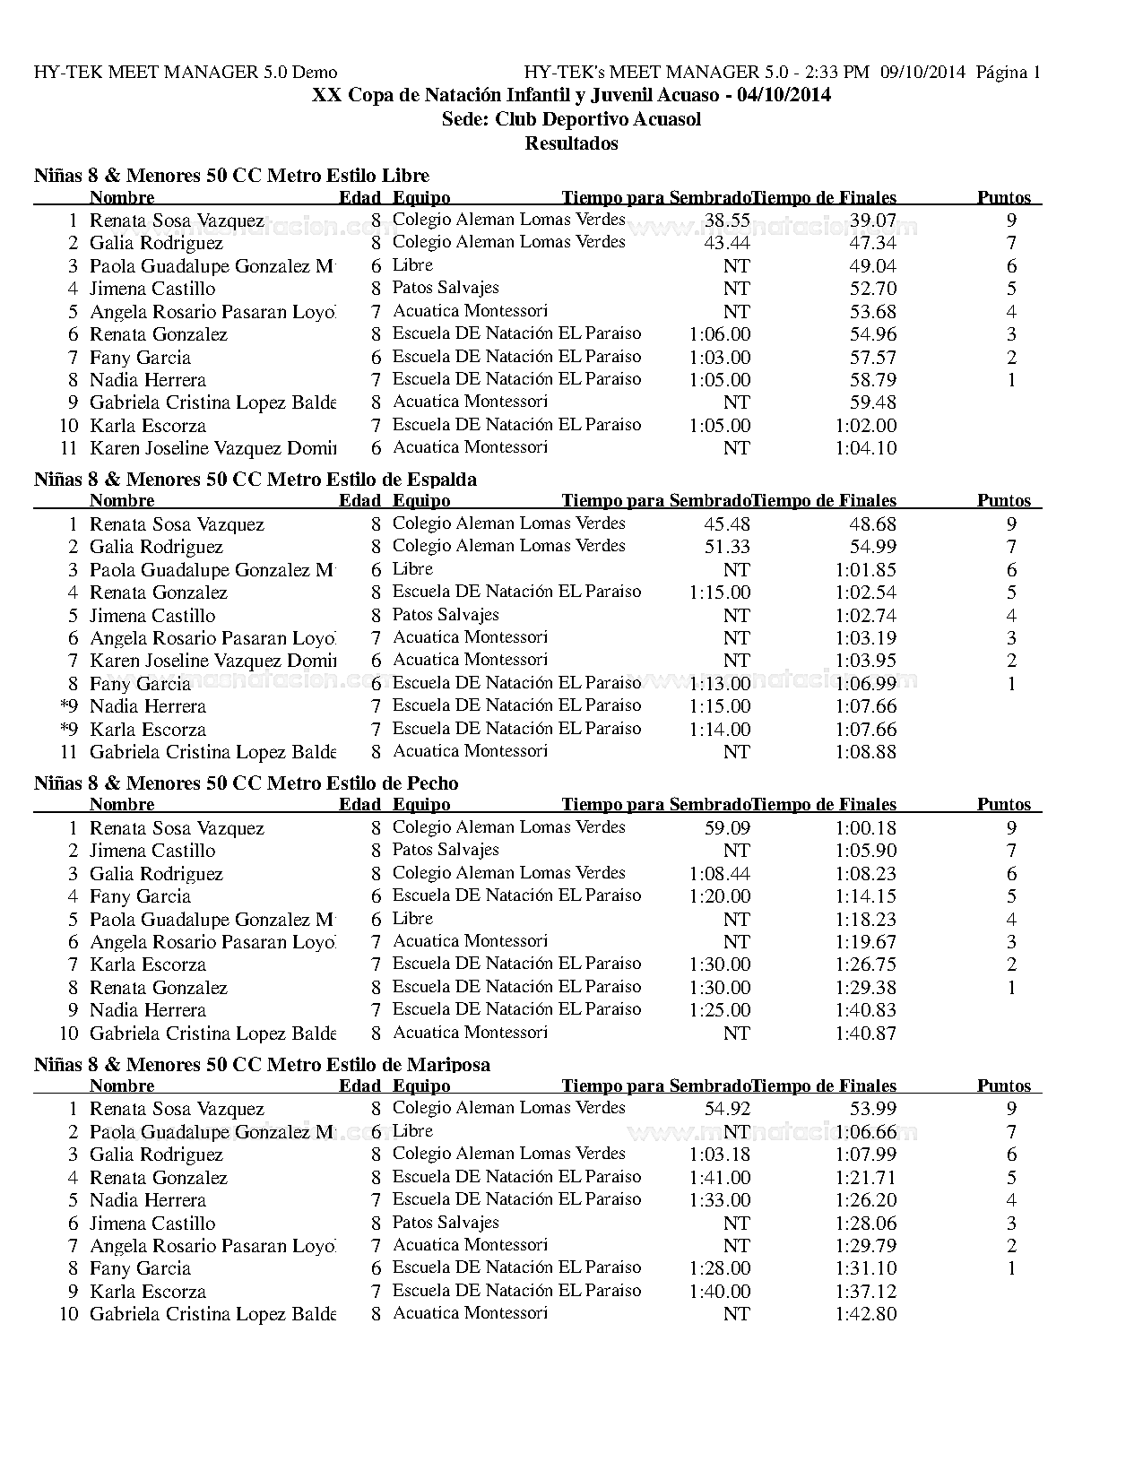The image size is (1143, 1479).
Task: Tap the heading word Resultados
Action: [x=571, y=143]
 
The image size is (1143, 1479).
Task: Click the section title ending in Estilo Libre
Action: [x=231, y=176]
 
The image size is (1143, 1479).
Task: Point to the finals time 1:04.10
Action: [x=865, y=448]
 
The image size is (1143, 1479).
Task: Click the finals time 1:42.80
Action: [x=865, y=1314]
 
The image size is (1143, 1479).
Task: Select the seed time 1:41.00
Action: [x=720, y=1178]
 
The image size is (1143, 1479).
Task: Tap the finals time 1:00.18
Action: [x=865, y=828]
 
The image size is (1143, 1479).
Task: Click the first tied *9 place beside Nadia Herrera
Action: [x=70, y=706]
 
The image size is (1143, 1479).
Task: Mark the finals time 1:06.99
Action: [x=865, y=684]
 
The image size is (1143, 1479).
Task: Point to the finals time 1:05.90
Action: [x=865, y=851]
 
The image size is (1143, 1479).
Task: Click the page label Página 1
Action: [x=1008, y=73]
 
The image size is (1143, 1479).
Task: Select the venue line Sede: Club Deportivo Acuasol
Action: [x=571, y=119]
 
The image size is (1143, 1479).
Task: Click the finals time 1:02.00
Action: [x=865, y=426]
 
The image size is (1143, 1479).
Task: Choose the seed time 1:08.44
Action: [x=720, y=874]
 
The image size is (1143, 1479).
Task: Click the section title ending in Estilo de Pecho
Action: [x=246, y=783]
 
